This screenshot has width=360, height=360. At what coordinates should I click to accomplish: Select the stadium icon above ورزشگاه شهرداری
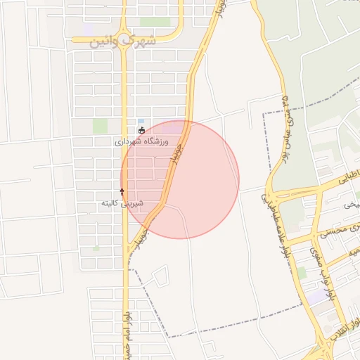click(142, 130)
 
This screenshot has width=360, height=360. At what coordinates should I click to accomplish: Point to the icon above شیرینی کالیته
click(122, 191)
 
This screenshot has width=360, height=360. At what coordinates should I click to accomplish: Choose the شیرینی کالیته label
click(122, 203)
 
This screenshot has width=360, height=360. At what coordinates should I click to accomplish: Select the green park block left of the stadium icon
click(101, 126)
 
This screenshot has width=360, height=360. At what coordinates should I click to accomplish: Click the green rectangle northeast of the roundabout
click(155, 22)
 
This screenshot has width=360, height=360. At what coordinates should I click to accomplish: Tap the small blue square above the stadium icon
click(141, 120)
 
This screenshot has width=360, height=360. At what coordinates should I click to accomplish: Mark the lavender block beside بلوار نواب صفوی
click(318, 296)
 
